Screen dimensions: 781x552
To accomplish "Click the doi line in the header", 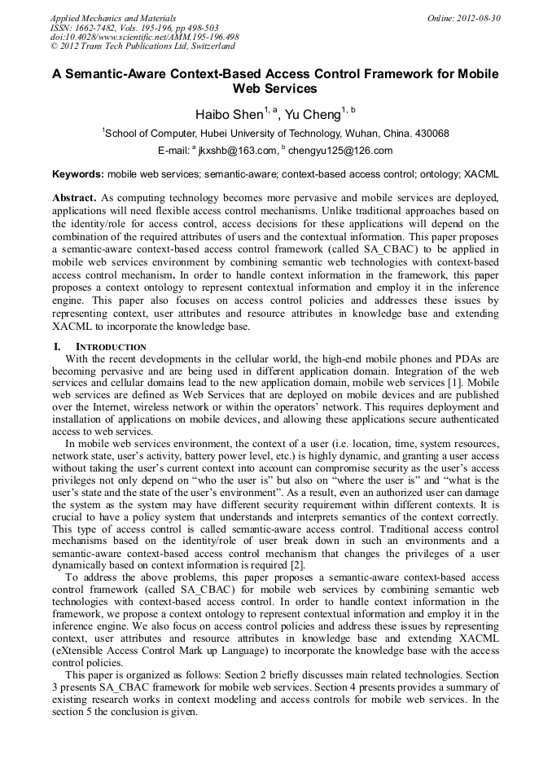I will [145, 37].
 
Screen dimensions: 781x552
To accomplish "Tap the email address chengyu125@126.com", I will [340, 151].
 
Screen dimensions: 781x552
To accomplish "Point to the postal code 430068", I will [430, 134].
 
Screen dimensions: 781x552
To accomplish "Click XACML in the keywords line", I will [482, 174].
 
